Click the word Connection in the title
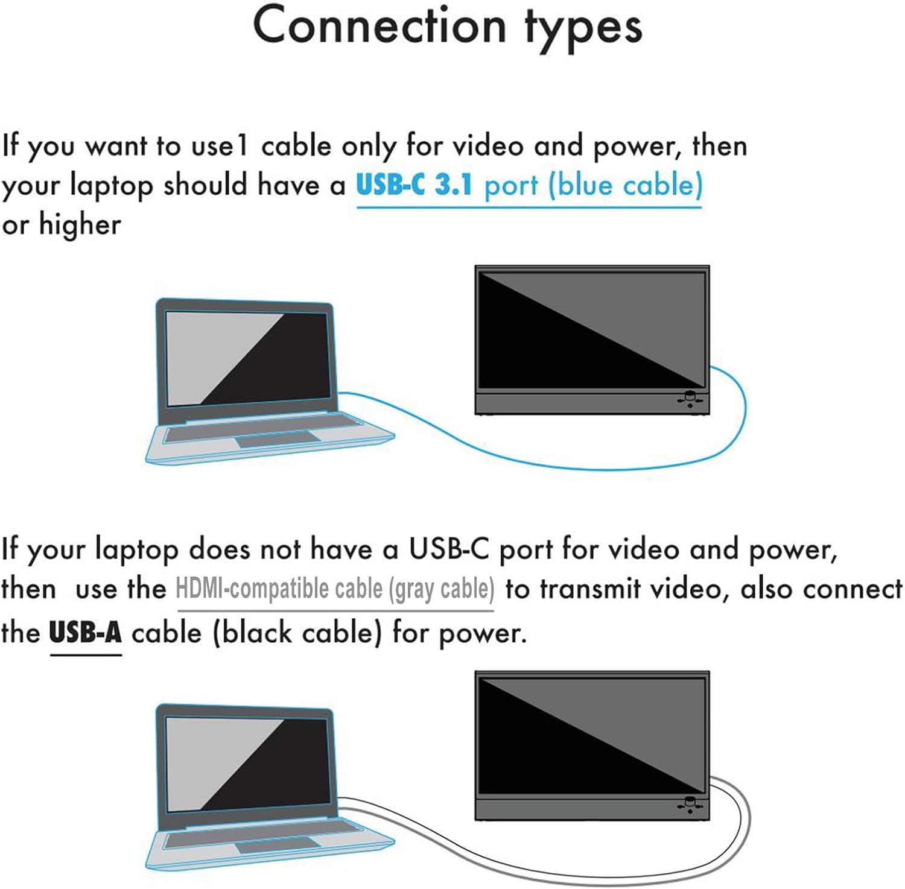tap(379, 25)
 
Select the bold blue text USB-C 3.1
tap(414, 184)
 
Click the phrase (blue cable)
tap(625, 185)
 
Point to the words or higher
tap(61, 224)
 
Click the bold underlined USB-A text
tap(86, 633)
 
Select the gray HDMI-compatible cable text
tap(335, 589)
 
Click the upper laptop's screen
tap(246, 358)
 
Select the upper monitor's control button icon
tap(690, 399)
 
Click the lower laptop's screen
tap(246, 764)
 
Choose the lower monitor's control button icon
tap(690, 805)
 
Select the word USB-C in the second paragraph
tap(449, 548)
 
